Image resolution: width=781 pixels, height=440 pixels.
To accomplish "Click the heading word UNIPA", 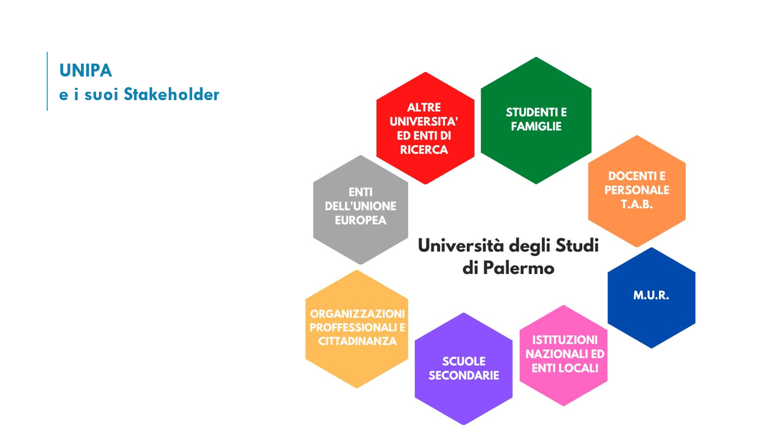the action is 85,70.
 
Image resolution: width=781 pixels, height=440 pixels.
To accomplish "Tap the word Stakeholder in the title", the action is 171,94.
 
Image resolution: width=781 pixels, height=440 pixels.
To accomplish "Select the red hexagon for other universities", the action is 426,128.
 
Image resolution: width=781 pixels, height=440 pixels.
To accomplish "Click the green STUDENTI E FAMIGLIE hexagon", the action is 536,120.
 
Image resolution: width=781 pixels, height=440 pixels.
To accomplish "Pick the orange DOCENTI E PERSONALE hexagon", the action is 636,191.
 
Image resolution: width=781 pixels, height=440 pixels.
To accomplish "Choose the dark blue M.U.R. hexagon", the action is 651,298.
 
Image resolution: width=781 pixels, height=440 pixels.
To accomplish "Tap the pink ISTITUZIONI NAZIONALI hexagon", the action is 563,356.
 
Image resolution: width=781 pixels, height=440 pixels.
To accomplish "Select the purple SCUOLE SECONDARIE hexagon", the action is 463,369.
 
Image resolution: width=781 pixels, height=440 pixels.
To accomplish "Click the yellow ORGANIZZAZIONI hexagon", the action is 356,329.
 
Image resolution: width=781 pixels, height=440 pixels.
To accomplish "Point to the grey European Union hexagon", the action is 360,210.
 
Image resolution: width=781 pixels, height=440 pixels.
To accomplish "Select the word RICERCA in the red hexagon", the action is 424,150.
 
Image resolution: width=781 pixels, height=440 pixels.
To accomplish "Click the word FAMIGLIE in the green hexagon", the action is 536,126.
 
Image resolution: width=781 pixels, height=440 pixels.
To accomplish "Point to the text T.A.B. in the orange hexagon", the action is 636,204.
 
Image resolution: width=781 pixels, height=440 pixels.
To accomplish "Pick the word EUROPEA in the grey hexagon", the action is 360,221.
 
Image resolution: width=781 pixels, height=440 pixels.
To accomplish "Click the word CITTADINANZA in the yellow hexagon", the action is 358,341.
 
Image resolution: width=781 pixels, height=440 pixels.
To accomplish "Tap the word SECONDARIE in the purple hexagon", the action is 464,375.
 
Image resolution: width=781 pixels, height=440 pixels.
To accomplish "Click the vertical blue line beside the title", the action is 47,81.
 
